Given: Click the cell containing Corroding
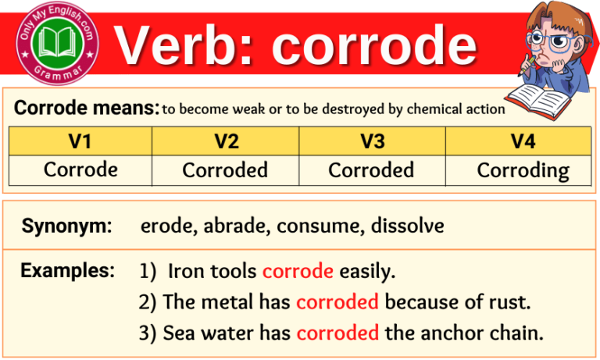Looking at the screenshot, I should coord(523,169).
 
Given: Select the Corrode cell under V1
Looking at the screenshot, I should coord(80,169).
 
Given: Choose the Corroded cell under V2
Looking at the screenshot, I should coord(225,169).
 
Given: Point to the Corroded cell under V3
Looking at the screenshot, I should coord(371,169).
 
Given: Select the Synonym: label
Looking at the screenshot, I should coord(66,226).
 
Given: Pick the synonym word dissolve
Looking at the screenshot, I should coord(407,226).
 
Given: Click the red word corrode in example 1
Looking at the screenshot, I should coord(298,272).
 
